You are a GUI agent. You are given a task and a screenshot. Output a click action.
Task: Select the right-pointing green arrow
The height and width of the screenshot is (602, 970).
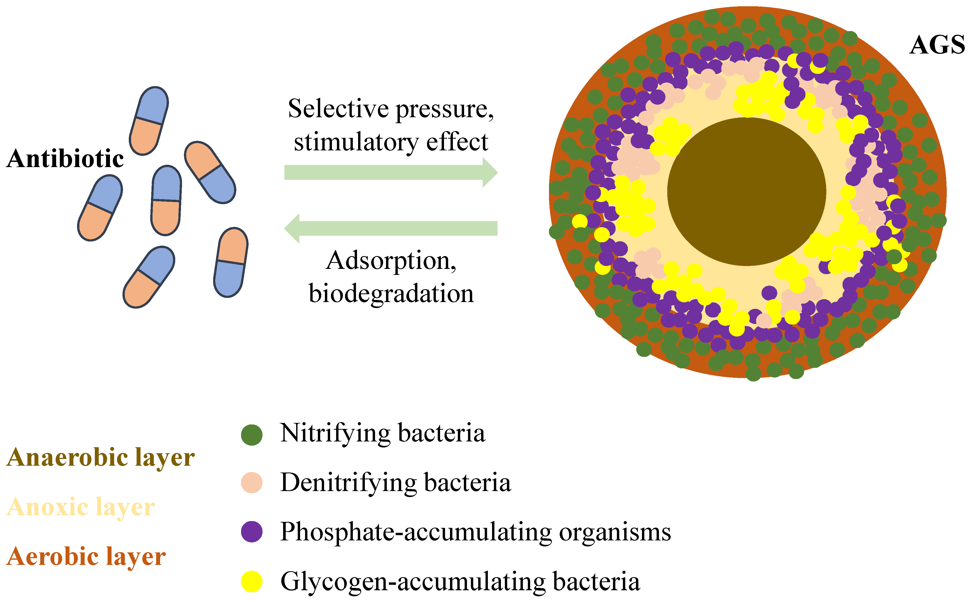(390, 172)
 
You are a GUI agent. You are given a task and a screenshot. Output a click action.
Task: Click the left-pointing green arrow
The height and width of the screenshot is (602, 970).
(390, 228)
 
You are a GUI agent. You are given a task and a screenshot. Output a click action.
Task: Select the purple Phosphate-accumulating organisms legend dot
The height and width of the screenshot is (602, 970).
(252, 532)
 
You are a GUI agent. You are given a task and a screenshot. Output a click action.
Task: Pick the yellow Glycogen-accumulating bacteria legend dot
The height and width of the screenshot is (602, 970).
(252, 581)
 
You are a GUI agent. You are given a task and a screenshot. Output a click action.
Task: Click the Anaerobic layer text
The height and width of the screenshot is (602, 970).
(100, 458)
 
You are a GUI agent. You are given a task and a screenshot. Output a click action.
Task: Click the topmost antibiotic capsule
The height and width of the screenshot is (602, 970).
(149, 121)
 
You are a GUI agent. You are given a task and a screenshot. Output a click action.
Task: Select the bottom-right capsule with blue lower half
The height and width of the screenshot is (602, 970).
(231, 262)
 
